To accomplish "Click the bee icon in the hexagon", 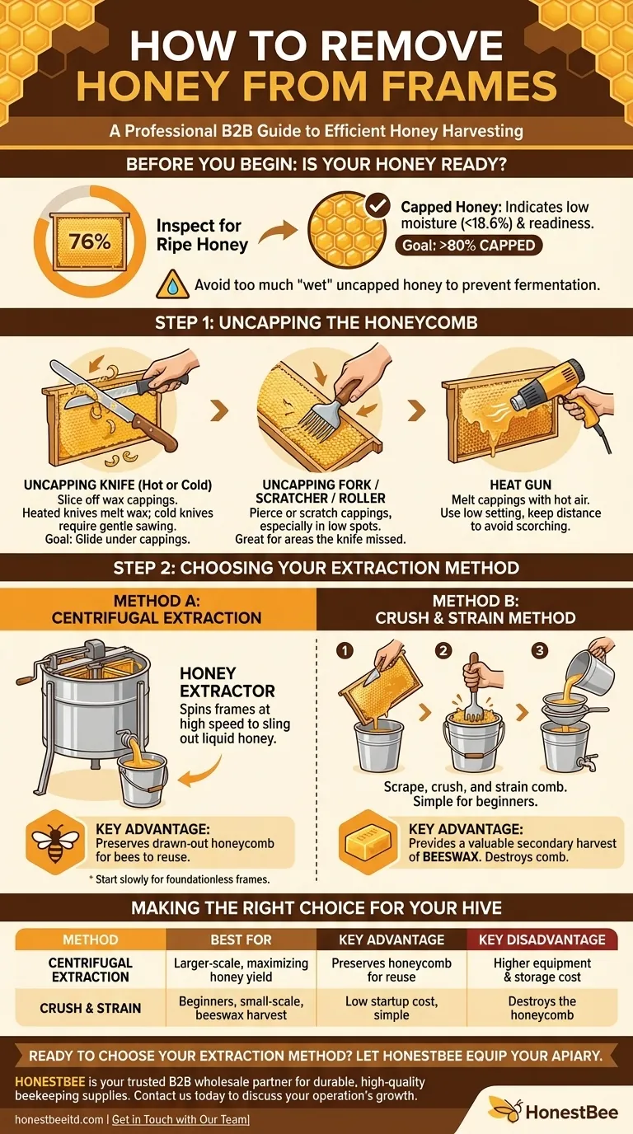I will coord(55,841).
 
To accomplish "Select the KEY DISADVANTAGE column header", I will coord(542,939).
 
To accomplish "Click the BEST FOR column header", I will coord(241,939).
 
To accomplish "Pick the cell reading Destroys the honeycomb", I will coord(542,1007).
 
